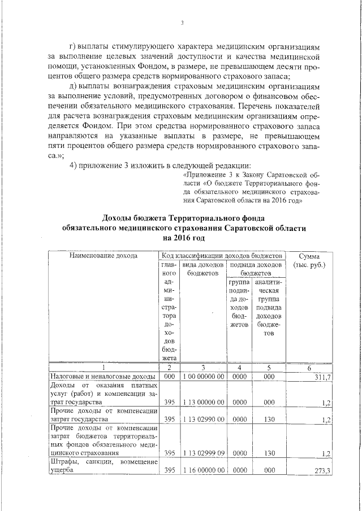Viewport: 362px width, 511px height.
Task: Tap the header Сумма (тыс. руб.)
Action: pyautogui.click(x=308, y=260)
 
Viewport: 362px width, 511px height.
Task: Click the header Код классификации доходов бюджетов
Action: pyautogui.click(x=222, y=256)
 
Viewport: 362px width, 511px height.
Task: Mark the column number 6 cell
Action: pyautogui.click(x=308, y=368)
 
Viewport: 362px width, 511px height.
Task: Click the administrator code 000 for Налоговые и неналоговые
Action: pyautogui.click(x=169, y=377)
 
